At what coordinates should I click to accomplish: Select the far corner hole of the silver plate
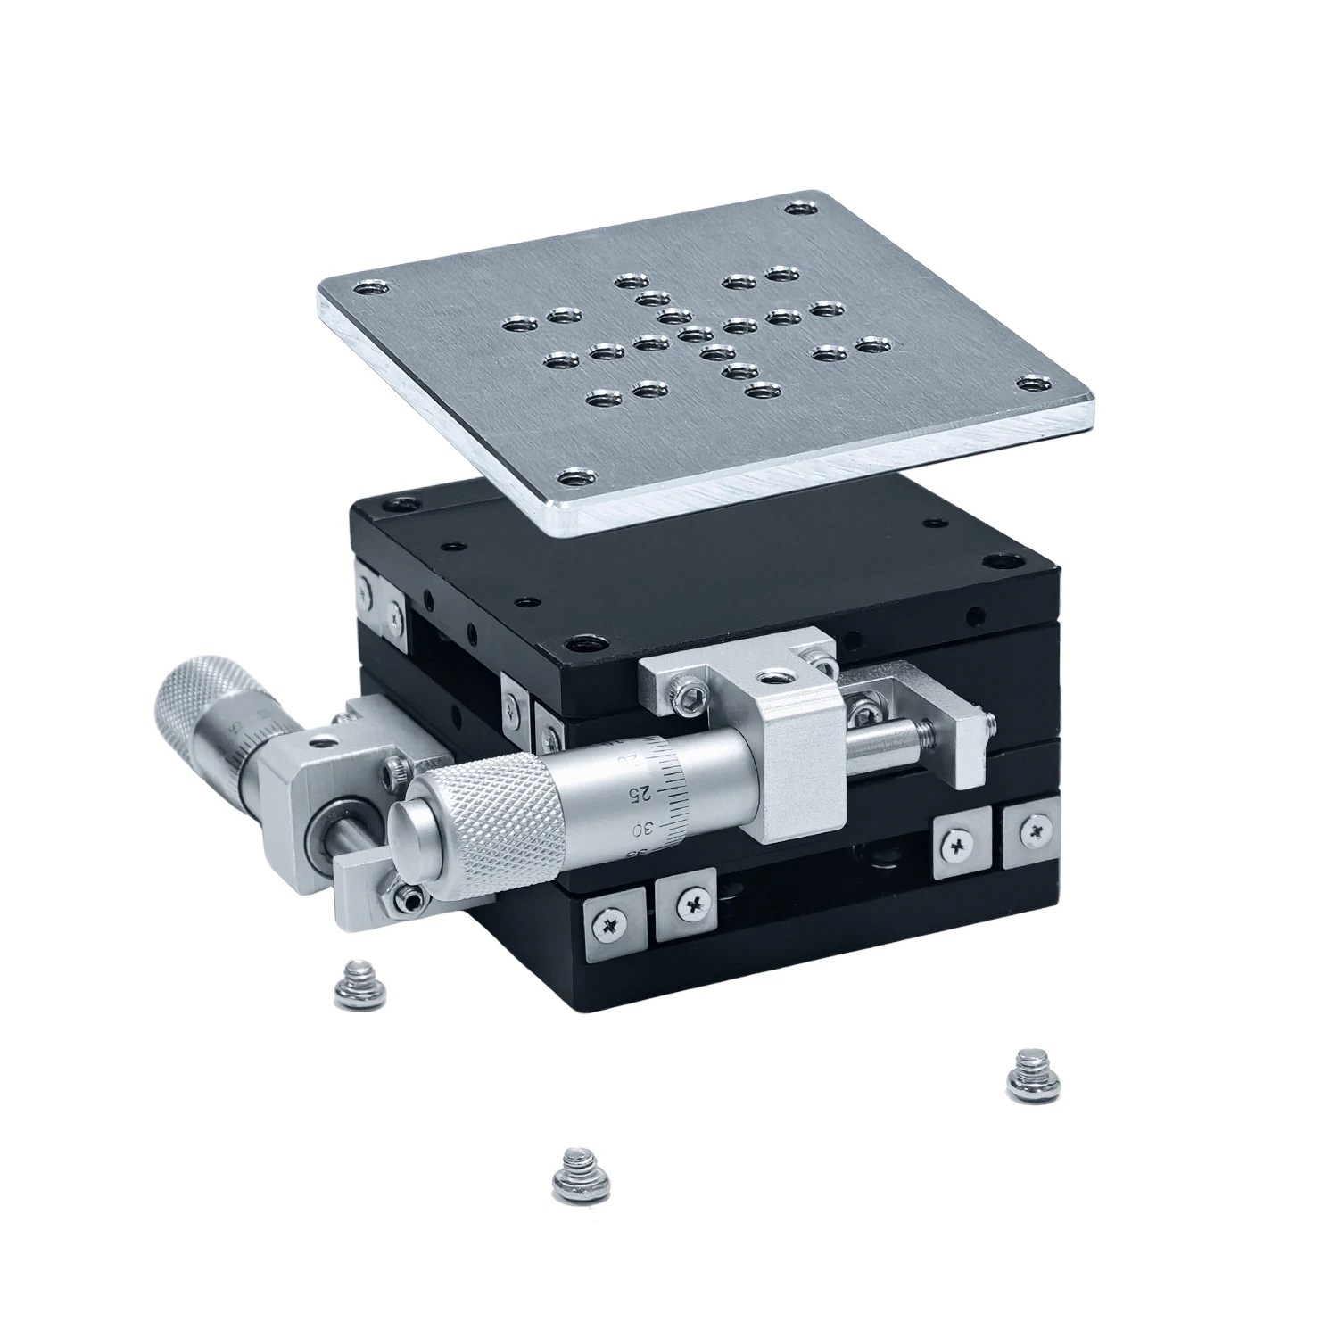803,210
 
